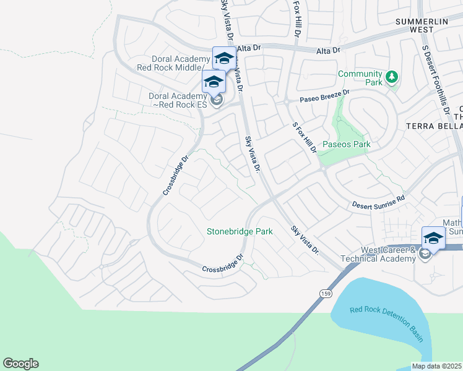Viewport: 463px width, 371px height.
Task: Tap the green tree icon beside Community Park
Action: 391,77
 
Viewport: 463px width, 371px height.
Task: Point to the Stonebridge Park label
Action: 240,231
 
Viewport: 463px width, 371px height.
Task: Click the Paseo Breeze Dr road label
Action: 324,96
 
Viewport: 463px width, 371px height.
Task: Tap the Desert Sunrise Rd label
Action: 378,202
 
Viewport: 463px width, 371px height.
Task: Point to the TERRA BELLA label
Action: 434,126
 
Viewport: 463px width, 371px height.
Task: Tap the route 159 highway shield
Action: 326,292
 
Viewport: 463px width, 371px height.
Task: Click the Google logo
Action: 20,364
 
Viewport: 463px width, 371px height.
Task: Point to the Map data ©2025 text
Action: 437,366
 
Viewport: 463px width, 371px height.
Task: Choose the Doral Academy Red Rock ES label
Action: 177,100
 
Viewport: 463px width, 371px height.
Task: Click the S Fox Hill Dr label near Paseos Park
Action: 305,137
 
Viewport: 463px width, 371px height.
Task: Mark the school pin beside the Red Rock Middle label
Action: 223,59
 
